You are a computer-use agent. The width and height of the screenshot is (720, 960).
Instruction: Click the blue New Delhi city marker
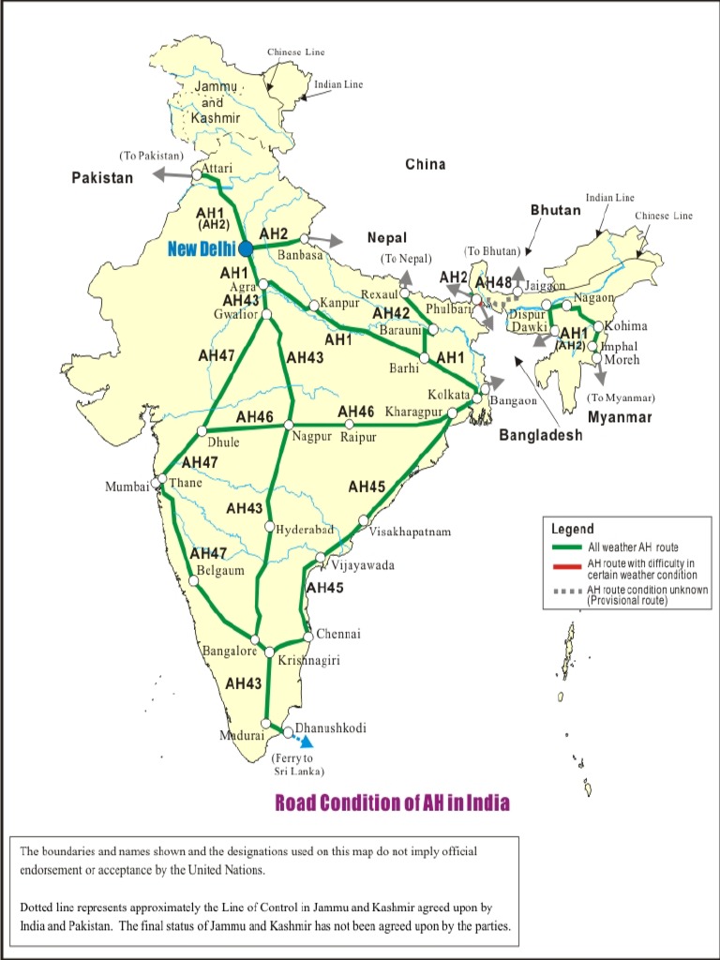(x=245, y=248)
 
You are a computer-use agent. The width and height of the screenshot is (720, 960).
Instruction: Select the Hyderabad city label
(x=305, y=530)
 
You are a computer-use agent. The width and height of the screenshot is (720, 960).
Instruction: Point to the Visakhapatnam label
(x=410, y=532)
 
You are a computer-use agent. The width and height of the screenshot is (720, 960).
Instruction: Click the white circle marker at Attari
(x=197, y=175)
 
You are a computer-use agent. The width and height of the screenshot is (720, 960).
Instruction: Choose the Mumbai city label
(x=127, y=487)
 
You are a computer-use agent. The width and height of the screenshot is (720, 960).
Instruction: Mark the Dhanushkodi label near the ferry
(x=330, y=727)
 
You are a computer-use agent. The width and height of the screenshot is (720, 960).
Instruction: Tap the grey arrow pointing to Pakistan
(x=171, y=174)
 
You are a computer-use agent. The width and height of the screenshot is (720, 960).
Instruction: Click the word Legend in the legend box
(x=572, y=529)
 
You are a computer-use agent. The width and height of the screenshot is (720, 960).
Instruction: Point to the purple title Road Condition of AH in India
(x=392, y=802)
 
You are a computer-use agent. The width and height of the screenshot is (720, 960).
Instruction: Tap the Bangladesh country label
(x=540, y=435)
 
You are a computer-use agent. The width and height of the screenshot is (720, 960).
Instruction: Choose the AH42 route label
(x=391, y=313)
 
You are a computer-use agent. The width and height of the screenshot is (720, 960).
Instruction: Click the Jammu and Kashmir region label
(x=216, y=102)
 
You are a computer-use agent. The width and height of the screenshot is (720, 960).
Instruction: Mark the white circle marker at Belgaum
(x=194, y=581)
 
